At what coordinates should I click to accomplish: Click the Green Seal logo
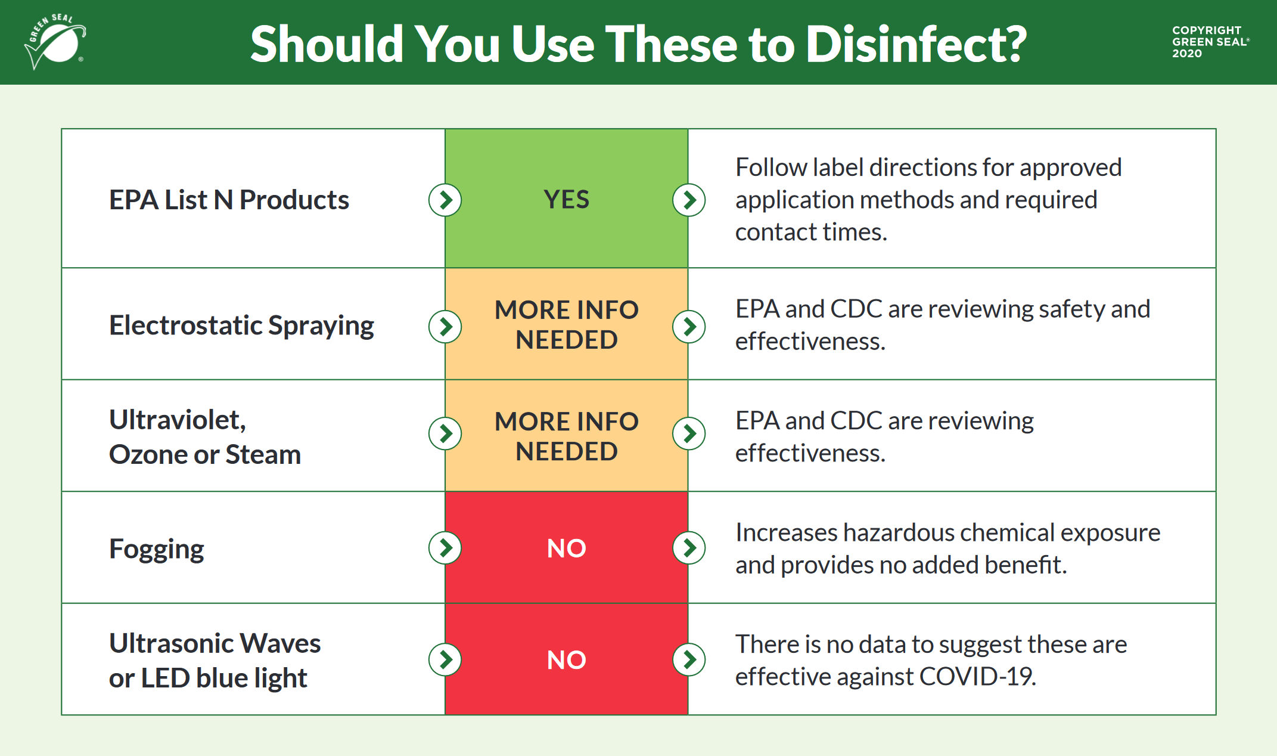coord(55,42)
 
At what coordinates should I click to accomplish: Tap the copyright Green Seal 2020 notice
coord(1210,42)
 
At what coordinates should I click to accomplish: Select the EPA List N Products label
coord(229,200)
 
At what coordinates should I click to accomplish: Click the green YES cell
coord(567,199)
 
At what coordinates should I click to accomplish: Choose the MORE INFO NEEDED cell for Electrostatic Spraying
coord(567,324)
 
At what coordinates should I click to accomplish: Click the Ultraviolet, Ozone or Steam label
coord(205,437)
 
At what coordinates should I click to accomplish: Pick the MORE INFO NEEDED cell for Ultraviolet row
coord(567,436)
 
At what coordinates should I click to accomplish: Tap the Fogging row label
coord(157,549)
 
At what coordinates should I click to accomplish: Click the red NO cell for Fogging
coord(567,547)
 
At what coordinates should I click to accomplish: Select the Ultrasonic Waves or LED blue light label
coord(215,661)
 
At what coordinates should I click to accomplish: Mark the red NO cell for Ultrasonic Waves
coord(567,659)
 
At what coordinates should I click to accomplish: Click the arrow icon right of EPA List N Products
coord(445,200)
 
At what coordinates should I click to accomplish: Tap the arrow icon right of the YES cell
coord(689,200)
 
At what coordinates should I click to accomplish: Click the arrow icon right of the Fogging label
coord(445,548)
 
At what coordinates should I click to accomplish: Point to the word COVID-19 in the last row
coord(977,677)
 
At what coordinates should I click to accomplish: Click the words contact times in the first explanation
coord(811,232)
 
